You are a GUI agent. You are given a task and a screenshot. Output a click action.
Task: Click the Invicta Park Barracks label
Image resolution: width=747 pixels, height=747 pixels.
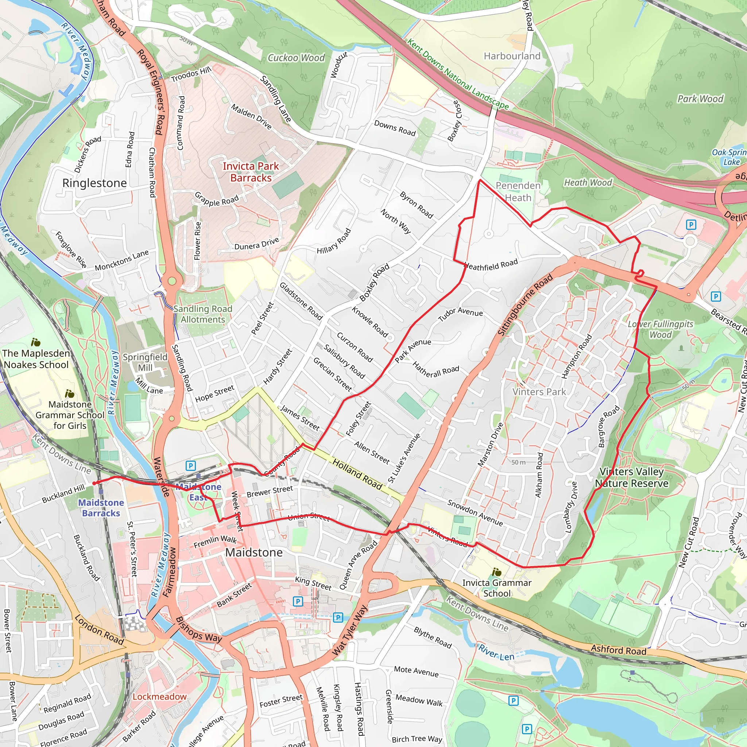tap(251, 172)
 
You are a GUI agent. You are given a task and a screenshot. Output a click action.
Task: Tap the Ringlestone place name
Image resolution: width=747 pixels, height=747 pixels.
tap(94, 183)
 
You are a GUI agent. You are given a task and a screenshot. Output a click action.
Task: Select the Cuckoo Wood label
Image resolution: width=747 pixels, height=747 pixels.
tap(296, 58)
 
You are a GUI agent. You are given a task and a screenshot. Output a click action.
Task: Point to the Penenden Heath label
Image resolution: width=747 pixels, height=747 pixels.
tap(518, 191)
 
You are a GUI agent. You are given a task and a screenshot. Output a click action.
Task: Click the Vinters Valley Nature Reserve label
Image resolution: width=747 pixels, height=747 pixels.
tap(631, 477)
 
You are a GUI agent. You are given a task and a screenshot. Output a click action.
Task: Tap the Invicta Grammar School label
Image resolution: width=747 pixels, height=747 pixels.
tap(497, 588)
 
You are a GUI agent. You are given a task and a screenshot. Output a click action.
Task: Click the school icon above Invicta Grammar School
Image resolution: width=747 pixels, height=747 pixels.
tap(497, 572)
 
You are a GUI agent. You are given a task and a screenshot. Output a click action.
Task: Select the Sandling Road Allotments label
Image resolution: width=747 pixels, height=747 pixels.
tap(202, 314)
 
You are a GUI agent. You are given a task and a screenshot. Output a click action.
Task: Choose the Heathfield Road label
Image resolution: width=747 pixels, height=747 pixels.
tap(491, 265)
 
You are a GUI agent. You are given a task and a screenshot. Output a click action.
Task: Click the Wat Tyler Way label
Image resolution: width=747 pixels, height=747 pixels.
tap(349, 630)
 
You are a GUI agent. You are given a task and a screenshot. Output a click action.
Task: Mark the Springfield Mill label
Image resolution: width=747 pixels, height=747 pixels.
tap(145, 362)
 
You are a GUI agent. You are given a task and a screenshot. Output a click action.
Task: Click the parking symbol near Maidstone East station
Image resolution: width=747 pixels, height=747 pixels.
tap(191, 465)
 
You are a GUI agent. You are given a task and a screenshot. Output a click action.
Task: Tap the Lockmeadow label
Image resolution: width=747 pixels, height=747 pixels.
tap(160, 696)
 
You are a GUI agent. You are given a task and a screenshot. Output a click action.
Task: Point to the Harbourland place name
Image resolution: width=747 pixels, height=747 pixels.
tap(512, 56)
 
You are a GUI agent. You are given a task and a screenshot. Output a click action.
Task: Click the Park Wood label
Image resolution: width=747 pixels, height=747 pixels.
tap(700, 99)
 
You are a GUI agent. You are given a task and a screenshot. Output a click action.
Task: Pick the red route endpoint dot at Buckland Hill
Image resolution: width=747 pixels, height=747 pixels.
tap(94, 483)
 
